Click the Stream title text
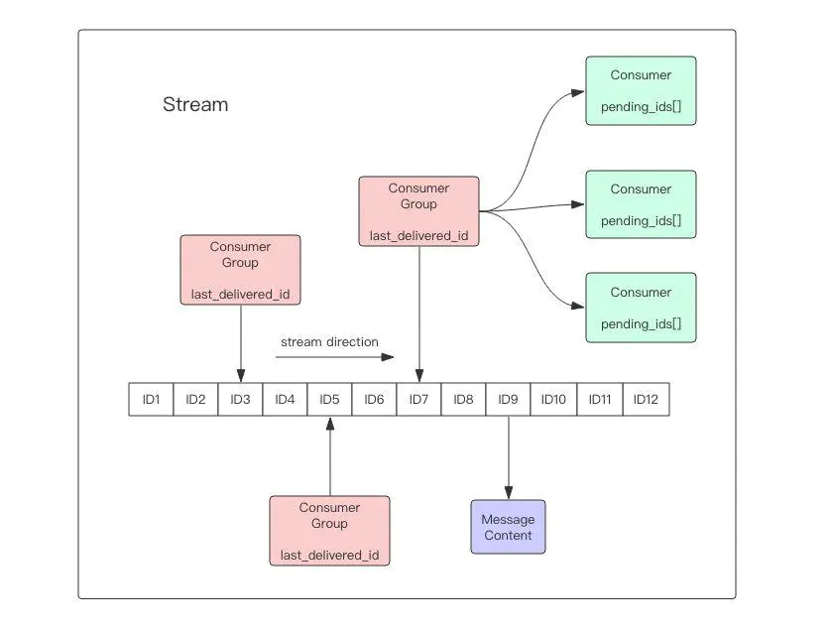coord(195,104)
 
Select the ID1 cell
coord(151,400)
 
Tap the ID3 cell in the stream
coord(240,400)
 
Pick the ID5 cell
coord(329,400)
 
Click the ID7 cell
coord(418,400)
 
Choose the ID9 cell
coord(508,400)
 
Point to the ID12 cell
coord(647,400)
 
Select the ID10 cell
coord(553,400)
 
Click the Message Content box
coord(508,527)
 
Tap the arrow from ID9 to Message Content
coord(508,456)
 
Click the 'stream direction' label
coord(329,342)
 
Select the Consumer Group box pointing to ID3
coord(240,270)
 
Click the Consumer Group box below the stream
coord(329,531)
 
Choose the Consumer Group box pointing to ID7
coord(418,211)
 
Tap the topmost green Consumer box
coord(641,90)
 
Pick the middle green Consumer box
coord(641,204)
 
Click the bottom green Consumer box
coord(641,308)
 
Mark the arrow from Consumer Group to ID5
coord(329,456)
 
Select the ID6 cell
coord(374,400)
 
